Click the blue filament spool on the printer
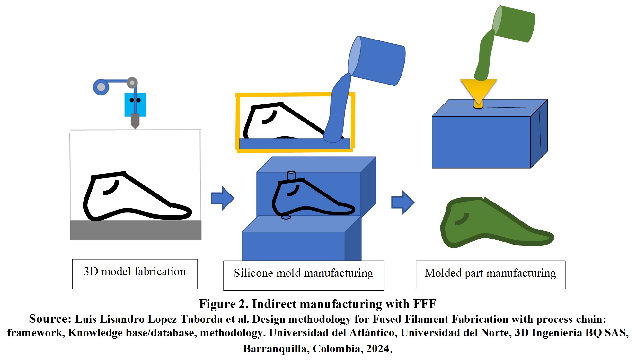point(101,87)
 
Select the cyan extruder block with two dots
point(135,104)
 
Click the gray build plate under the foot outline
point(136,230)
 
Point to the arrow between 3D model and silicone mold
point(222,198)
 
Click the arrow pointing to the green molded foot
point(402,202)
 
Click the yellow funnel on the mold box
point(478,90)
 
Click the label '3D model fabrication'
point(135,272)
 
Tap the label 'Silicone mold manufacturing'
point(304,274)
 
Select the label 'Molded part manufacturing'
point(490,274)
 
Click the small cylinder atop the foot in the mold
point(291,175)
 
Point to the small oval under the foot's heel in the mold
point(286,218)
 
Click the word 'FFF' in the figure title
point(425,304)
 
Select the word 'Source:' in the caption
point(50,319)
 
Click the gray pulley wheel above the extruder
point(132,83)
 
